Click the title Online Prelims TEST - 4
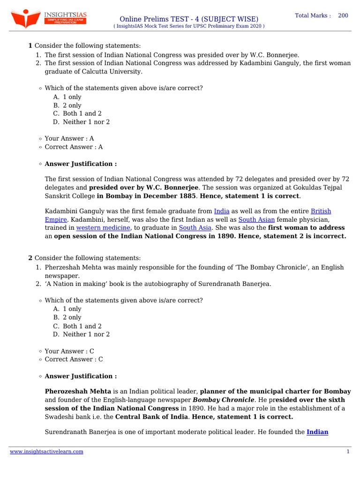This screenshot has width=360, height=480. (x=189, y=18)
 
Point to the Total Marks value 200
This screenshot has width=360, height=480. (x=343, y=15)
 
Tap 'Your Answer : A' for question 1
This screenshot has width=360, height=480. (x=69, y=138)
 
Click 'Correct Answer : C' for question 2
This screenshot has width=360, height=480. (x=74, y=359)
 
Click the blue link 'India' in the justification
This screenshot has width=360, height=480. (x=222, y=211)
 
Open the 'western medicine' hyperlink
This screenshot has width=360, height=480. (x=103, y=228)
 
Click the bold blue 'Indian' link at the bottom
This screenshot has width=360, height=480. (x=317, y=433)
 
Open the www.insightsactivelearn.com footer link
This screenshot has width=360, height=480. (x=47, y=451)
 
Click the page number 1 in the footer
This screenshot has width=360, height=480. (x=348, y=451)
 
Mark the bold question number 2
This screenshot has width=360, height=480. (x=30, y=258)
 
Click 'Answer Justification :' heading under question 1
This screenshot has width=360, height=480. (x=81, y=164)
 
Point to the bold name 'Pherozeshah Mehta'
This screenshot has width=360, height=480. (x=78, y=391)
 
